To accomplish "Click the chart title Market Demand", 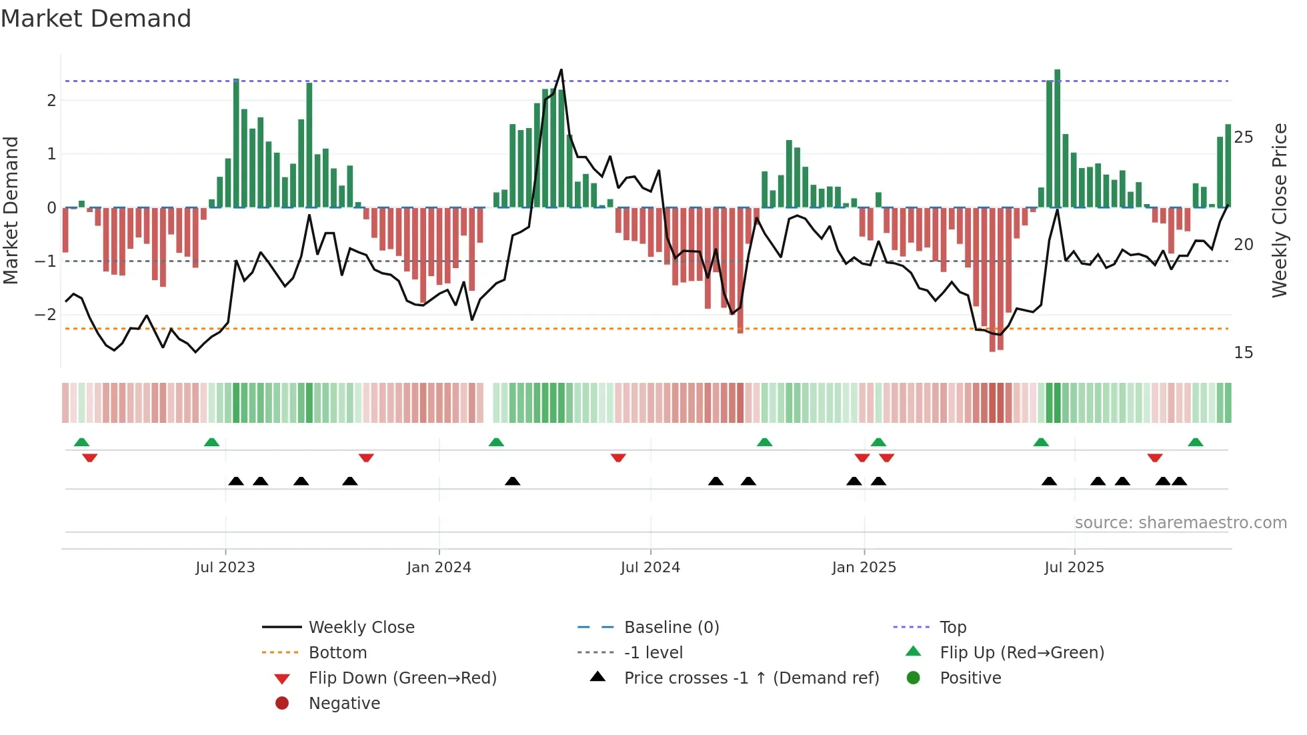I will point(96,19).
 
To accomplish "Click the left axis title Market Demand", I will point(11,210).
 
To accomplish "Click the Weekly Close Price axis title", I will point(1279,210).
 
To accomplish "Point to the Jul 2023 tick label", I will point(225,568).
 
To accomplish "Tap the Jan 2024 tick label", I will point(439,568).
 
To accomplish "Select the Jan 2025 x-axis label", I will point(864,568).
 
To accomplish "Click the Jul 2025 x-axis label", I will point(1074,568).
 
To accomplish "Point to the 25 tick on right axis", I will point(1243,137).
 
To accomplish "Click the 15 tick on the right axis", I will point(1243,353).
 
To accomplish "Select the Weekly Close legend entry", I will point(361,628).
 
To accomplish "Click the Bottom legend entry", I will point(337,653).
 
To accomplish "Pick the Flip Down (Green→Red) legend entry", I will point(402,678).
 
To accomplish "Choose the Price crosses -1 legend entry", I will point(751,678).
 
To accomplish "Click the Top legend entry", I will point(952,628).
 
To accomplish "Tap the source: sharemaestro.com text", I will point(1180,523).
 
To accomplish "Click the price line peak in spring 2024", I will point(561,70).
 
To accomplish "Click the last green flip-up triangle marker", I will point(1195,442).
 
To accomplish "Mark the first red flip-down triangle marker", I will point(90,458).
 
